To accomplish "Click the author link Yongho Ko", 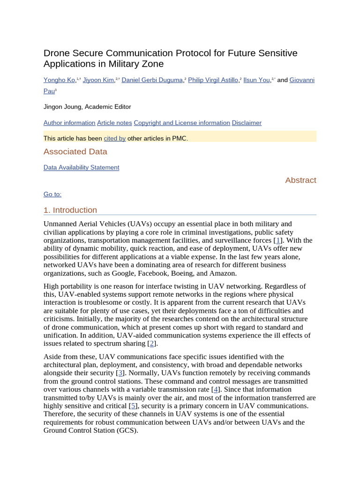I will point(60,80).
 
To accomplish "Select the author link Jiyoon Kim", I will point(98,80).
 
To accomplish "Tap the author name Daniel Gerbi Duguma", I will point(152,80).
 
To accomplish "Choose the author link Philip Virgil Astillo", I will point(213,80).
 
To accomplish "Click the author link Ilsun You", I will point(256,80).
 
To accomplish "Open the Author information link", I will point(69,123).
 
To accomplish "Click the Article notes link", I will point(114,123).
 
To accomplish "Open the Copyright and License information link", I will point(182,123).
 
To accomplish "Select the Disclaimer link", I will point(247,123).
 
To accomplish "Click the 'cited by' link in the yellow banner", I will point(114,138).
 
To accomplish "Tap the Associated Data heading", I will point(75,151).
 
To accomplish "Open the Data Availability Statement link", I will point(81,167).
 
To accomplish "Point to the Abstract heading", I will point(300,180).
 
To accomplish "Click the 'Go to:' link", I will point(52,194).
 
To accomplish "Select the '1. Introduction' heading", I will point(70,210).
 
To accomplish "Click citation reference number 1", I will point(277,240).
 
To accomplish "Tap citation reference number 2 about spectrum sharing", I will point(151,344).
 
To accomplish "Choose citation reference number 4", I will point(215,389).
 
